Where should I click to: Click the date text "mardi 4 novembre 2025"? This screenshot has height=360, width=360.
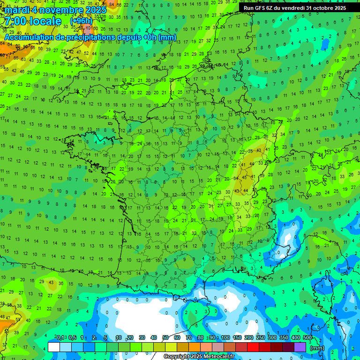click(x=56, y=9)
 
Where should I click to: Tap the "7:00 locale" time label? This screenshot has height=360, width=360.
click(x=33, y=21)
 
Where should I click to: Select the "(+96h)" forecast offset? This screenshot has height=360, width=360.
click(x=81, y=21)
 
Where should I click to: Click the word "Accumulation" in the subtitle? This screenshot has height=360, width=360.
click(x=29, y=37)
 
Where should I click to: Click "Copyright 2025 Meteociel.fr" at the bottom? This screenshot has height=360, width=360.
click(x=199, y=357)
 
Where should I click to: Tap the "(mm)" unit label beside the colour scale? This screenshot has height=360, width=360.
click(x=317, y=348)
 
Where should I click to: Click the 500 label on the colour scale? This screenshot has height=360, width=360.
click(x=307, y=337)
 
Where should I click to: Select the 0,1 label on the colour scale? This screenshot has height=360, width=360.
click(x=60, y=337)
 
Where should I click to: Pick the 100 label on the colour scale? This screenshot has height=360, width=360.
click(x=225, y=337)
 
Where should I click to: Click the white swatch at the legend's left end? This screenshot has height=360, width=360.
click(x=54, y=347)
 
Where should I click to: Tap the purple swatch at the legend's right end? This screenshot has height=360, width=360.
click(x=300, y=347)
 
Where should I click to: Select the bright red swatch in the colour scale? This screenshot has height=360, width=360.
click(x=253, y=347)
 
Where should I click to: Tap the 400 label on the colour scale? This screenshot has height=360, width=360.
click(x=295, y=337)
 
